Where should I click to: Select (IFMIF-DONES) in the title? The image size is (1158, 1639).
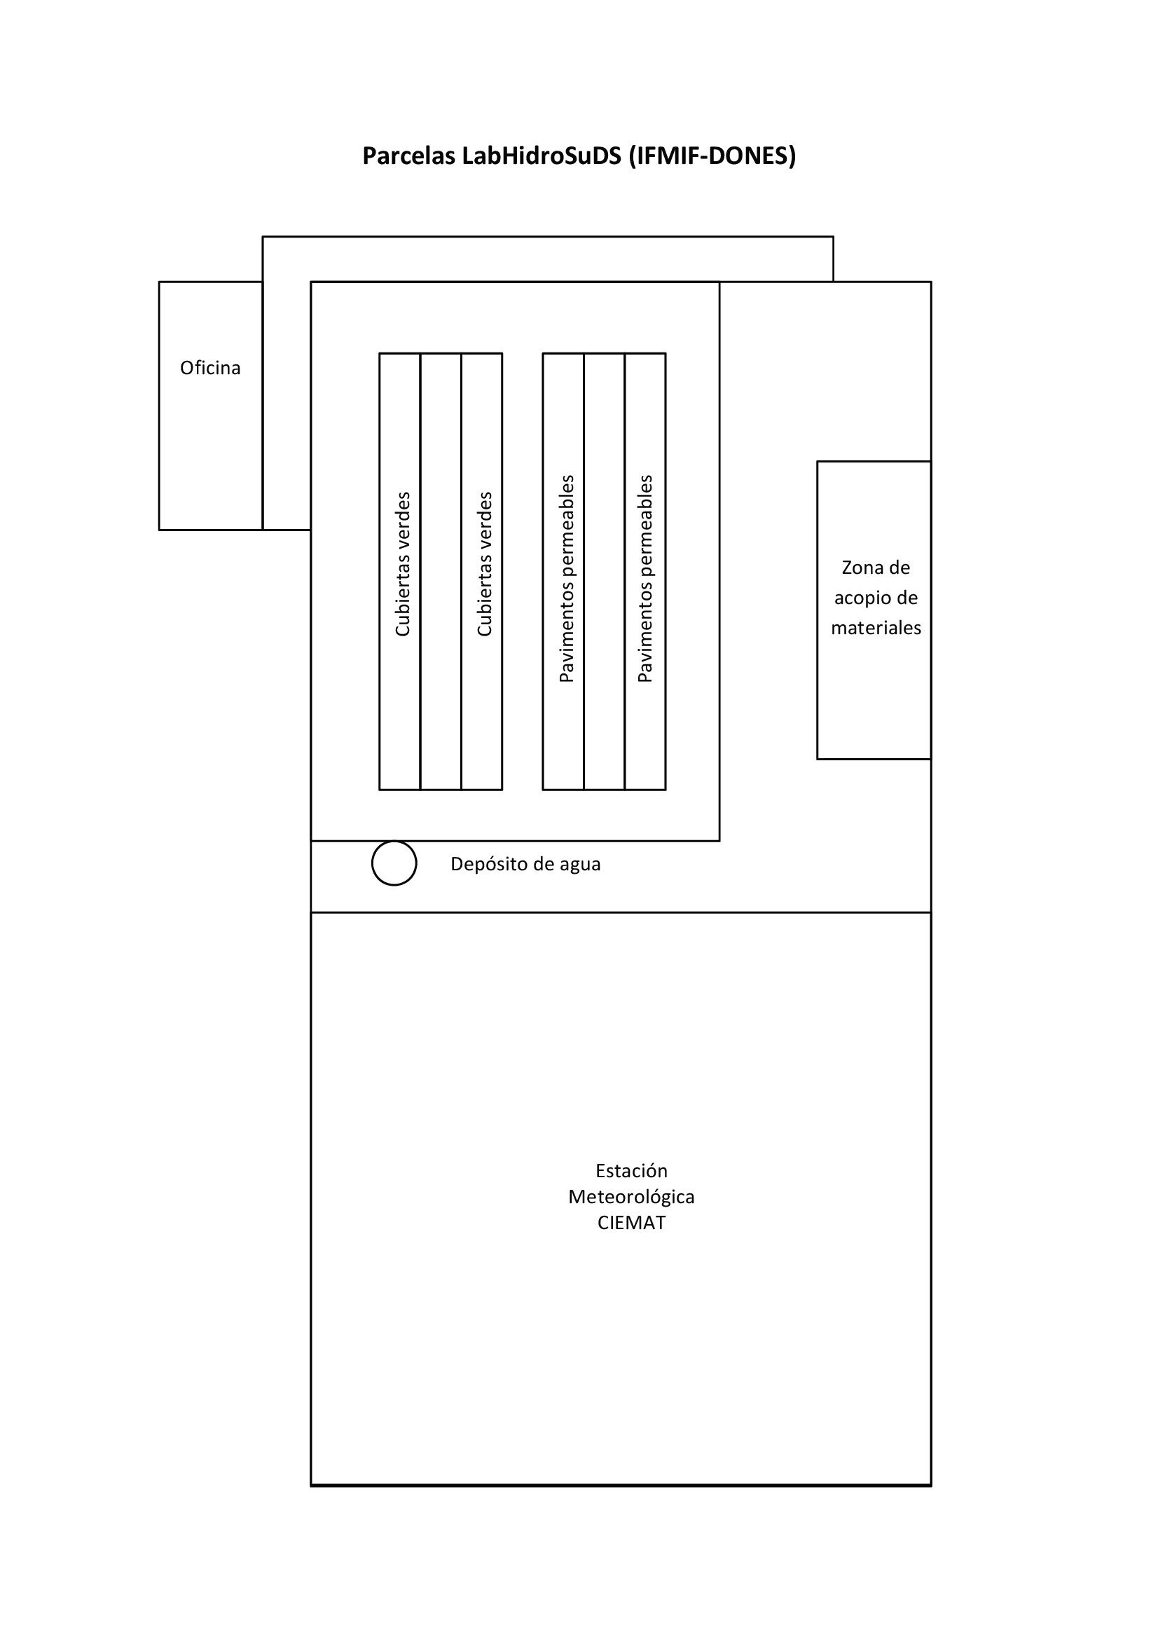tap(712, 156)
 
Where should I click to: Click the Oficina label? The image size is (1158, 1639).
tap(210, 368)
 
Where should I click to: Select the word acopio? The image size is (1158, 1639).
tap(859, 598)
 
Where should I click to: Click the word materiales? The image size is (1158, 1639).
tap(876, 628)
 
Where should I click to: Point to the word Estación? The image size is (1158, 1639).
tap(631, 1171)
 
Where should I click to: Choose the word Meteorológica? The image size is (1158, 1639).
tap(631, 1197)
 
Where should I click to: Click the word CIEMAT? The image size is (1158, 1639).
tap(631, 1223)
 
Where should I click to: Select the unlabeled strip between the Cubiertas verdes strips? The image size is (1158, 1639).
tap(441, 572)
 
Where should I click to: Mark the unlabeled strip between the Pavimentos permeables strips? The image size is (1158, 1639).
tap(605, 572)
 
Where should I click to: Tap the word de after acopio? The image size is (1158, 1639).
tap(902, 598)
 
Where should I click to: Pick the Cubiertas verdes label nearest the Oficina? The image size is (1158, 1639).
tap(403, 564)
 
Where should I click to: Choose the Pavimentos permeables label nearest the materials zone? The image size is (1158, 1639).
tap(645, 579)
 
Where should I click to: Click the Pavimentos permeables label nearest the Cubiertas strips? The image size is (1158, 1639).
tap(567, 579)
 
